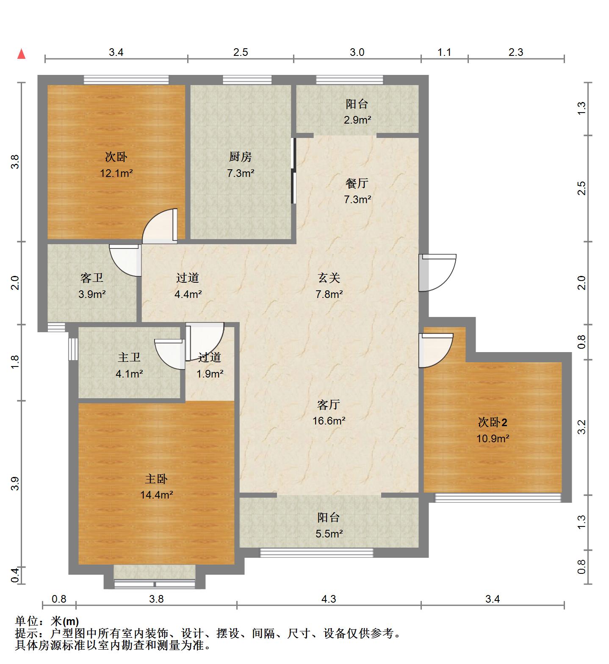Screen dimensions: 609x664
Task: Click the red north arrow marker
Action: click(x=21, y=54)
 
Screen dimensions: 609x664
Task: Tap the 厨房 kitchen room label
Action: click(x=241, y=157)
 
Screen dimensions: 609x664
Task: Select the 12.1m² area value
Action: click(x=116, y=173)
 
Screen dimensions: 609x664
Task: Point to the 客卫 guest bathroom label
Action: click(x=92, y=278)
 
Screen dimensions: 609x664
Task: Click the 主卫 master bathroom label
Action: click(x=129, y=358)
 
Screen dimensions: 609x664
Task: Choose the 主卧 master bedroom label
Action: click(x=156, y=479)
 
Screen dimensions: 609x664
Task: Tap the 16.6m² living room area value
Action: click(x=329, y=421)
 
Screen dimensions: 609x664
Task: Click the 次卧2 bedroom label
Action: click(x=493, y=422)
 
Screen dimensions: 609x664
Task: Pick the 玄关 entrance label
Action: click(x=329, y=278)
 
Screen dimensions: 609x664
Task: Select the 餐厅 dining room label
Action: click(x=357, y=183)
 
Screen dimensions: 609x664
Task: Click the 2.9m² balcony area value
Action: click(x=357, y=120)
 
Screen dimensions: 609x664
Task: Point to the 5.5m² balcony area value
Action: click(x=329, y=534)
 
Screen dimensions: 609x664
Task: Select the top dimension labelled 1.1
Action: click(x=444, y=52)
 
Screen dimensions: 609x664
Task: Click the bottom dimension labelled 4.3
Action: click(x=329, y=599)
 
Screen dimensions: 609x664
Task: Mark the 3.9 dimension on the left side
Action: click(x=15, y=484)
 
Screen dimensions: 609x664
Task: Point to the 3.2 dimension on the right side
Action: click(x=581, y=427)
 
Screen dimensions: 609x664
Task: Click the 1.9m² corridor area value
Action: click(x=210, y=374)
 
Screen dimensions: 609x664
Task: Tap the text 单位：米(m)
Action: click(x=47, y=621)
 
